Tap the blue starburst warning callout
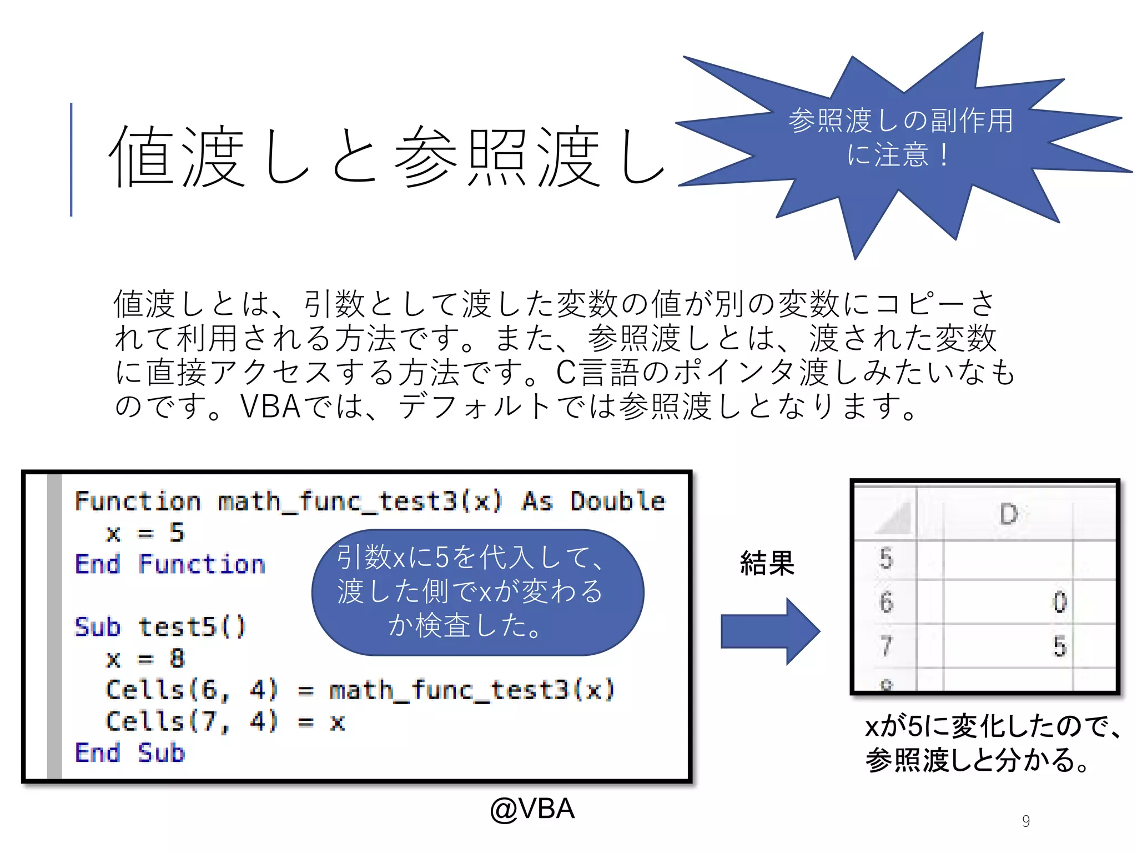900,139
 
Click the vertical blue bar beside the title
71,159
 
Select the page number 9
1025,821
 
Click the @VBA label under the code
532,809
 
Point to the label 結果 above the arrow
767,563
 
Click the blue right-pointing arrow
769,631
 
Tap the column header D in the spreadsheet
1008,514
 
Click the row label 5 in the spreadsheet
886,559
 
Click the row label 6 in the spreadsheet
886,603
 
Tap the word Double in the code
617,501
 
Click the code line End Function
170,564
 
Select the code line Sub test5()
160,627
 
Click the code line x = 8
145,659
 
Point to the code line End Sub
130,753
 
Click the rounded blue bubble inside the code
477,592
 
